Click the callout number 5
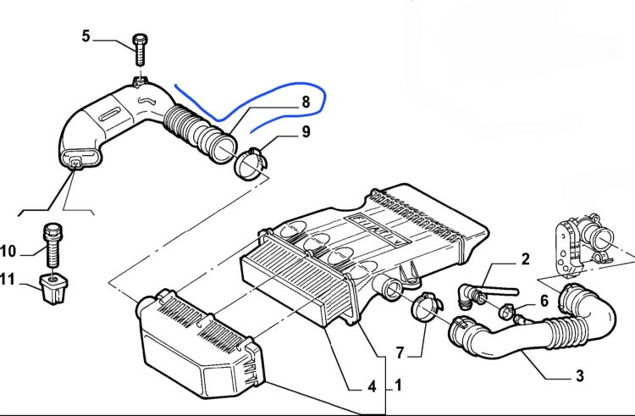click(x=86, y=36)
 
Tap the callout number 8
click(x=306, y=102)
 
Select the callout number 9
click(x=306, y=131)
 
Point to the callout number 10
click(x=8, y=251)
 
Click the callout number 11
click(x=7, y=280)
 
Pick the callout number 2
click(x=525, y=259)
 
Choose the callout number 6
click(x=544, y=301)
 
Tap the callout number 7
click(x=400, y=352)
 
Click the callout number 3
click(x=580, y=376)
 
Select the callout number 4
click(x=372, y=387)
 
